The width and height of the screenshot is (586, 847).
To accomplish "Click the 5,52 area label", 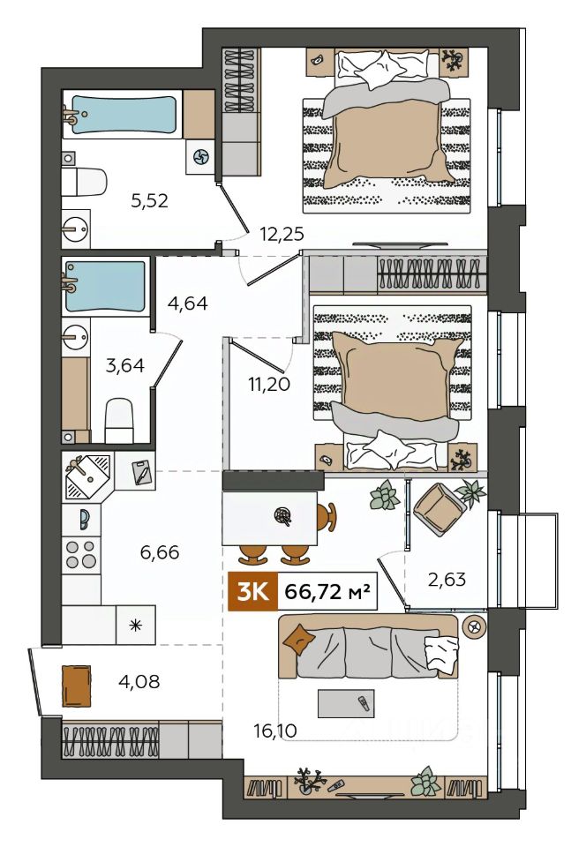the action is pos(150,201).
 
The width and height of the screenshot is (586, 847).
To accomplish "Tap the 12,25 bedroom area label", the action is pos(282,234).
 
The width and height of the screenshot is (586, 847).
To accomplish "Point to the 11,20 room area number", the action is pos(269,384).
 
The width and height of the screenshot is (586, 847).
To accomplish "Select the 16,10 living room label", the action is pos(274,731).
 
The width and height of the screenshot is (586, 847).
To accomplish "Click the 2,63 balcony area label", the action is pos(447,579).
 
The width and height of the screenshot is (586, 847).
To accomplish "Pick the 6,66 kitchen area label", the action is pos(160,552).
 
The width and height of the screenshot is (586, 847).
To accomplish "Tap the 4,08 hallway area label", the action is pos(139,681).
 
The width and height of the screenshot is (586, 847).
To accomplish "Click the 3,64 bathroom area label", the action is pos(124,365).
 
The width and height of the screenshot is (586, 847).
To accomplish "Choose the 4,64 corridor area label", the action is pos(187,303).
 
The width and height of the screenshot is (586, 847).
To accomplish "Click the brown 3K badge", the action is pos(252,591).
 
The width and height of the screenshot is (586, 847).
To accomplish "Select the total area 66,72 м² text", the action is pos(327,592).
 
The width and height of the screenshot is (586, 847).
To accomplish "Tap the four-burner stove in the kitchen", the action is pos(81,554).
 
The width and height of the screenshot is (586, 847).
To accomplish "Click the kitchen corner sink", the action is pos(87,476).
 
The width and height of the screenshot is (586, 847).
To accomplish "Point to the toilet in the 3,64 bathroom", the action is pos(119,420).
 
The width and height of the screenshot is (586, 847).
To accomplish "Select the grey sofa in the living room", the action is pos(368,647).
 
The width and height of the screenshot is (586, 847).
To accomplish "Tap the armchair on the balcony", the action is pos(439,509).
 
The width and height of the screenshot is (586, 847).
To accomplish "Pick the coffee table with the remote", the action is pos(346,703).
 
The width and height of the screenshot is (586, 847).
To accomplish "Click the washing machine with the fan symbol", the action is pos(200,157).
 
